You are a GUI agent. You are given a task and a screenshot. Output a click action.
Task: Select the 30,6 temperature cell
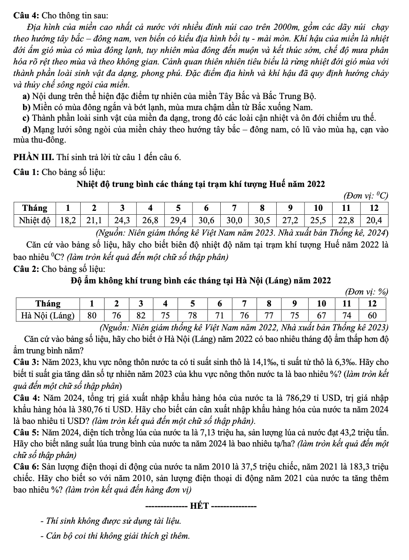tap(207, 220)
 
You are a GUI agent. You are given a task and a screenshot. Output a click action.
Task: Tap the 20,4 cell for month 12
tap(374, 220)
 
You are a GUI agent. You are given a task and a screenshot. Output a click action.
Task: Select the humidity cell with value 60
tap(372, 315)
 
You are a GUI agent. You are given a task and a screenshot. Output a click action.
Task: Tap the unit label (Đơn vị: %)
tap(366, 292)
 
